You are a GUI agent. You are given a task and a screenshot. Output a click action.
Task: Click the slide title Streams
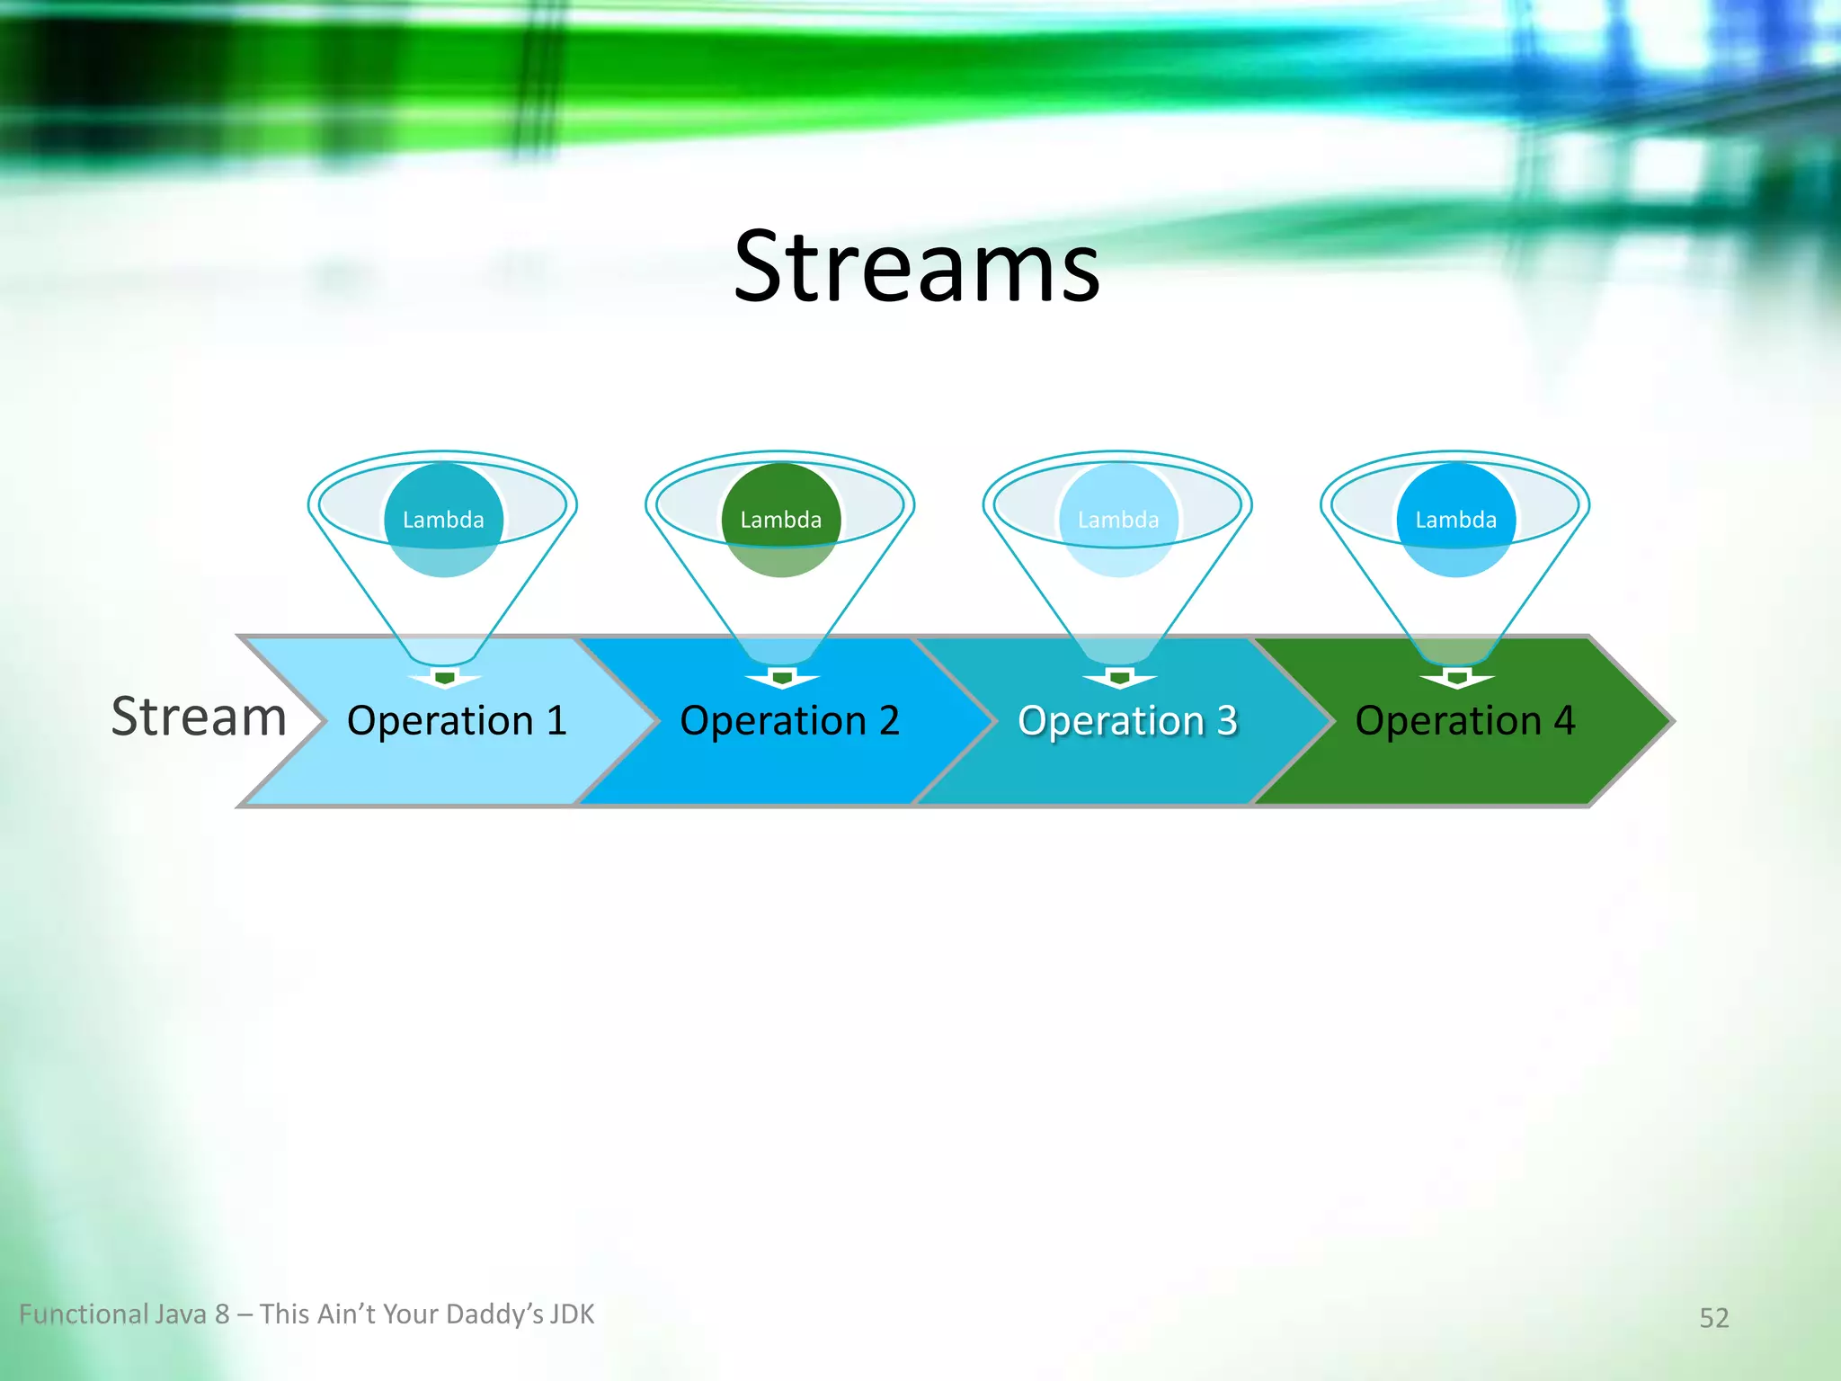pos(916,267)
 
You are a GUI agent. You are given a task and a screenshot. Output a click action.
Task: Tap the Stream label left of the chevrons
pos(199,717)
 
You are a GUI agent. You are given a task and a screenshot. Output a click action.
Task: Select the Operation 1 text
pos(457,721)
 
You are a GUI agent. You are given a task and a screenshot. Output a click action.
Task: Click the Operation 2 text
pos(789,721)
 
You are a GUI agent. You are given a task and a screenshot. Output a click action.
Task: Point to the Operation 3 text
pos(1127,721)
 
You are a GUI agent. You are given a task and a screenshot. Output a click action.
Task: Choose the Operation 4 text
pos(1464,721)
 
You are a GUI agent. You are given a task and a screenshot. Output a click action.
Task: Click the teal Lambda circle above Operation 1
pos(443,520)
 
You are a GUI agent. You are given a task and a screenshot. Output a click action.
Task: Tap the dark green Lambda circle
pos(780,520)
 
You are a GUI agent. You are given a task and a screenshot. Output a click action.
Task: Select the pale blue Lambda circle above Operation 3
pos(1118,520)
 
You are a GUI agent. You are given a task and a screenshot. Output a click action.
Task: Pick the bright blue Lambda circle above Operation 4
pos(1455,520)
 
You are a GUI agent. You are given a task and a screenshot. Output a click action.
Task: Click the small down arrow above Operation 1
pos(444,679)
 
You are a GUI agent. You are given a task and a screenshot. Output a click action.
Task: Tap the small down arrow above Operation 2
pos(782,679)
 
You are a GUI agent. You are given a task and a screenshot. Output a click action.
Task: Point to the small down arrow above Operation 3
pos(1119,679)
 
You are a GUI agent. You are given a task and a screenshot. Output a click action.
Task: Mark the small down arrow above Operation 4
pos(1457,679)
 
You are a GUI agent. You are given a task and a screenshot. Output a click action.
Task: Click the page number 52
pos(1713,1318)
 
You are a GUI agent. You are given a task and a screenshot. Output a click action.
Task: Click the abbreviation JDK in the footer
pos(572,1314)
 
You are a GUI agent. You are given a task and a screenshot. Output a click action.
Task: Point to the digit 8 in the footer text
pos(222,1314)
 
